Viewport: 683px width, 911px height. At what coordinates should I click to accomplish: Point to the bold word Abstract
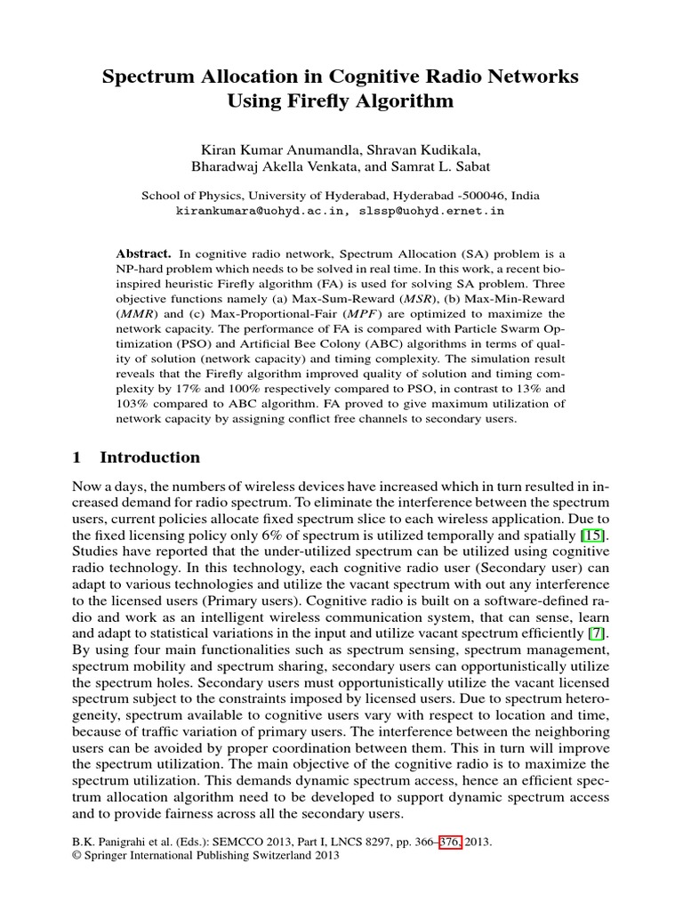(144, 254)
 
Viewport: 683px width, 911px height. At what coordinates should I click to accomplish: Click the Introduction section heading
(149, 457)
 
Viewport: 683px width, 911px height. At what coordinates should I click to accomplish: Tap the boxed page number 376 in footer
(446, 841)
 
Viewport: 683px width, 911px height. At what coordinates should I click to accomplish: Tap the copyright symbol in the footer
(75, 856)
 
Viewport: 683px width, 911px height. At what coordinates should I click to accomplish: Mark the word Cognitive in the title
(385, 77)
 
